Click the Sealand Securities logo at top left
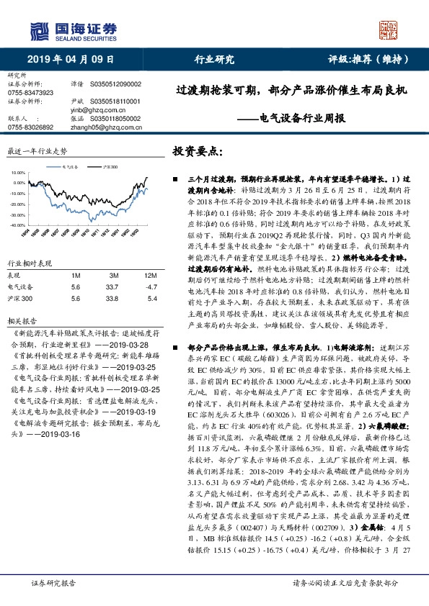coord(72,30)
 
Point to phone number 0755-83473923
coord(30,94)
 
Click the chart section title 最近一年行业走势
coord(36,152)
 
